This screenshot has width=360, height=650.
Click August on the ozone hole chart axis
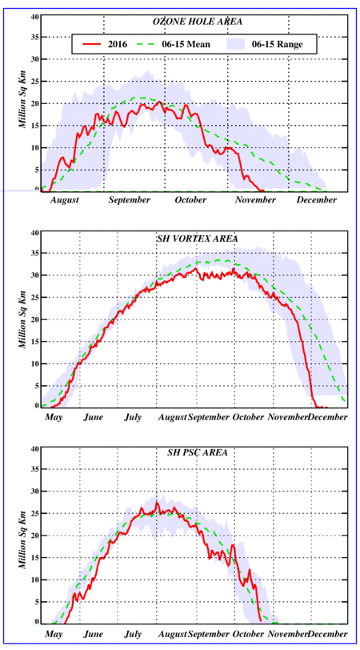[x=65, y=200]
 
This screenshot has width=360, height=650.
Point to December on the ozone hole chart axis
[x=317, y=200]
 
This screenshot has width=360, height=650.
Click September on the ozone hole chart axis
[x=130, y=200]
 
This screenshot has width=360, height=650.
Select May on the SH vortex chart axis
[x=53, y=417]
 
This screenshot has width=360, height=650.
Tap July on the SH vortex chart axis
[x=133, y=417]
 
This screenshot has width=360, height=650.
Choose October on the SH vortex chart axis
[x=249, y=417]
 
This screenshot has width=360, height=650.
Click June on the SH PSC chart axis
[x=93, y=635]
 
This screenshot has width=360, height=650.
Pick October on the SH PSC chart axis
[x=249, y=635]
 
